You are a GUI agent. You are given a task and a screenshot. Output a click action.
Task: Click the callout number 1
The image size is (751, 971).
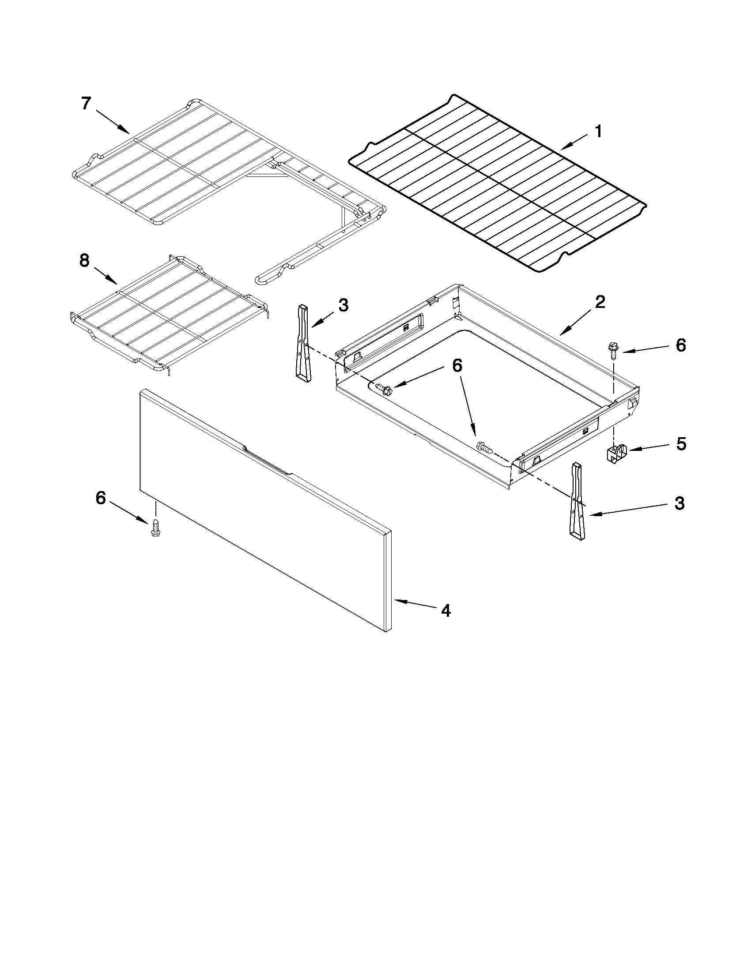pyautogui.click(x=598, y=131)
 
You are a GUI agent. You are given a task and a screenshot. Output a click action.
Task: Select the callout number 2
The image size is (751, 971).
pyautogui.click(x=600, y=303)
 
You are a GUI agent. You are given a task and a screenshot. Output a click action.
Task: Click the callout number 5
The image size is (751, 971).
pyautogui.click(x=681, y=444)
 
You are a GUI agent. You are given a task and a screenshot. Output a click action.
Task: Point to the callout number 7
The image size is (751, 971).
pyautogui.click(x=86, y=104)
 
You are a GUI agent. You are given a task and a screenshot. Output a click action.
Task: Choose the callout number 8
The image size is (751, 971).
pyautogui.click(x=84, y=261)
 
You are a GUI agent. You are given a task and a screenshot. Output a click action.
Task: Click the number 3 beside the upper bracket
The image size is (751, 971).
pyautogui.click(x=343, y=306)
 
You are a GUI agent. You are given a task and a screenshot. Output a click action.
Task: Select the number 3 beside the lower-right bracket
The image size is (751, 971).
pyautogui.click(x=679, y=504)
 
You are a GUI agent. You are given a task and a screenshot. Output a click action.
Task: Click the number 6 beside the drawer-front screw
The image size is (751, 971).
pyautogui.click(x=101, y=499)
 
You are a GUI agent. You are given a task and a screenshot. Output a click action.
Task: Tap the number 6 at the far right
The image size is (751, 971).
pyautogui.click(x=681, y=345)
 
